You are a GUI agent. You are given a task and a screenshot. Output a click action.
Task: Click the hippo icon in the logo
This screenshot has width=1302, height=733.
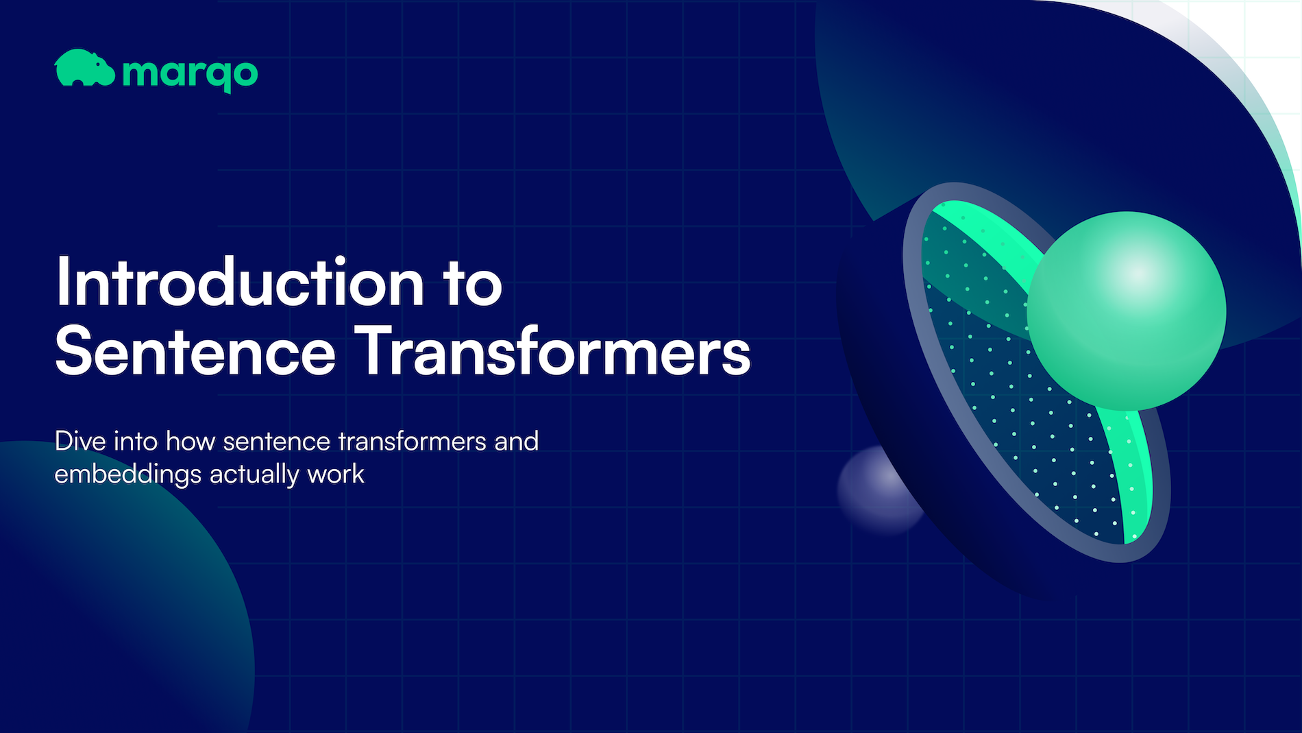84,69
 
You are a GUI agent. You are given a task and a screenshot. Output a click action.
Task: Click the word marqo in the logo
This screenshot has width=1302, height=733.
190,73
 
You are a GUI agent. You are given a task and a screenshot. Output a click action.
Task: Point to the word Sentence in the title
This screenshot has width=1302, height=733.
195,352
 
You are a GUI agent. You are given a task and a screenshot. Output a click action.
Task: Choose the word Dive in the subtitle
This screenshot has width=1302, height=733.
79,441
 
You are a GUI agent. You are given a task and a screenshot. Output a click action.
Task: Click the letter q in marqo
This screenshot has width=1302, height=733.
220,75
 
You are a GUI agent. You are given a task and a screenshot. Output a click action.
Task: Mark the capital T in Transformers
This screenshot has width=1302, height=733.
376,351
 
